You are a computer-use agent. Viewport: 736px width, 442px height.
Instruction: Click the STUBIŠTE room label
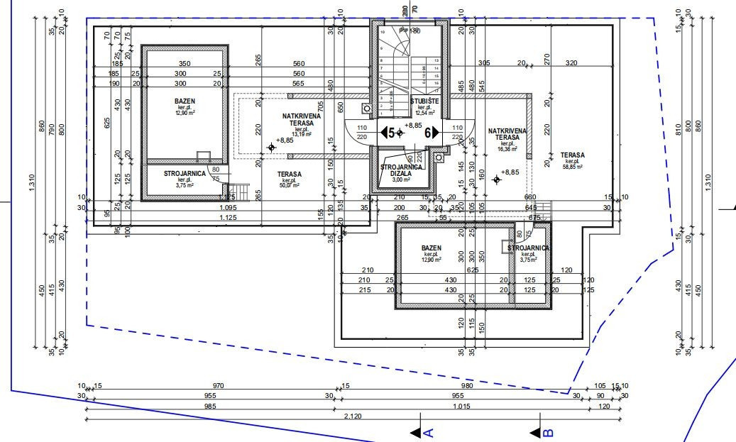click(x=425, y=102)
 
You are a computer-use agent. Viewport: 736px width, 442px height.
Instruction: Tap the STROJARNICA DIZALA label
click(x=402, y=170)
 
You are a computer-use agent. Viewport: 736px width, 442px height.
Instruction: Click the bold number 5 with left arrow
click(x=388, y=132)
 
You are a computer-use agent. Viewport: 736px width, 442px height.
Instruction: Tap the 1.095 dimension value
click(x=228, y=207)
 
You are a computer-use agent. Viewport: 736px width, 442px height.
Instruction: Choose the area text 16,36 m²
click(x=506, y=150)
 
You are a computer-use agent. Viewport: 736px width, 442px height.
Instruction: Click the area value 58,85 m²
click(x=572, y=167)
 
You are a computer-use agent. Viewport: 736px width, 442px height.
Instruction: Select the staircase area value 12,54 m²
click(x=426, y=113)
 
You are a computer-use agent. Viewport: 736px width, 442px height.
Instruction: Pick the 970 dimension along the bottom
click(x=219, y=386)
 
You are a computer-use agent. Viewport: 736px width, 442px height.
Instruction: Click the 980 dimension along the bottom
click(x=467, y=386)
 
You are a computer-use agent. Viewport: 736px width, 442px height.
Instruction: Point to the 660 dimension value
click(x=529, y=197)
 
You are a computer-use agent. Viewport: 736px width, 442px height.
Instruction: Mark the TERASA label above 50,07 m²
click(x=289, y=174)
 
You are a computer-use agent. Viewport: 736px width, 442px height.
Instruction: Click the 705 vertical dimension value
click(x=321, y=106)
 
